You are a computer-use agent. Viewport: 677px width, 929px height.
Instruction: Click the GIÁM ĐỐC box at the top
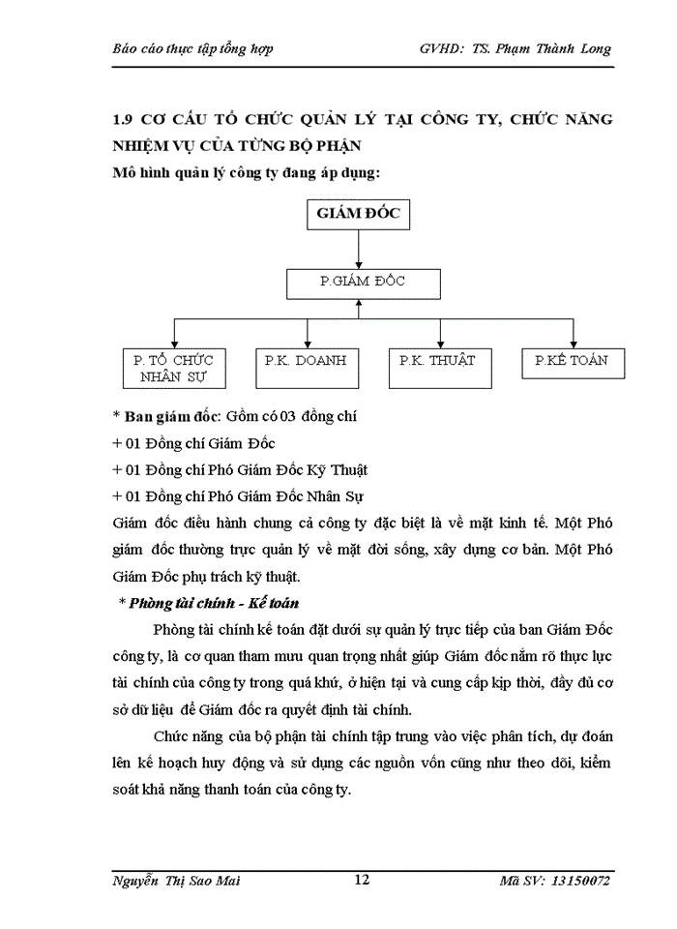(358, 215)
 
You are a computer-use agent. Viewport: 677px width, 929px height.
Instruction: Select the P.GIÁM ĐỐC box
(363, 283)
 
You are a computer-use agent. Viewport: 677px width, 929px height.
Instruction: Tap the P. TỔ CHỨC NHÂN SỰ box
(174, 369)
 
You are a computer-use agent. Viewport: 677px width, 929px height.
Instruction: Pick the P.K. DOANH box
(306, 362)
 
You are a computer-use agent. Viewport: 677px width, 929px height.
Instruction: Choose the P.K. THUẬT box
(439, 362)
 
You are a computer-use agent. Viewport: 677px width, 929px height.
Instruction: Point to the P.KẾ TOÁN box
(572, 362)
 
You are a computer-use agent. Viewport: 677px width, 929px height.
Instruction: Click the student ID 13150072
(578, 880)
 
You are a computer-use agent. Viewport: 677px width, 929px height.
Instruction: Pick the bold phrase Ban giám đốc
(171, 417)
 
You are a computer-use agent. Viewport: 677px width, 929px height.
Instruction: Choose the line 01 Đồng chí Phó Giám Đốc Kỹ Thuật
(240, 470)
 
